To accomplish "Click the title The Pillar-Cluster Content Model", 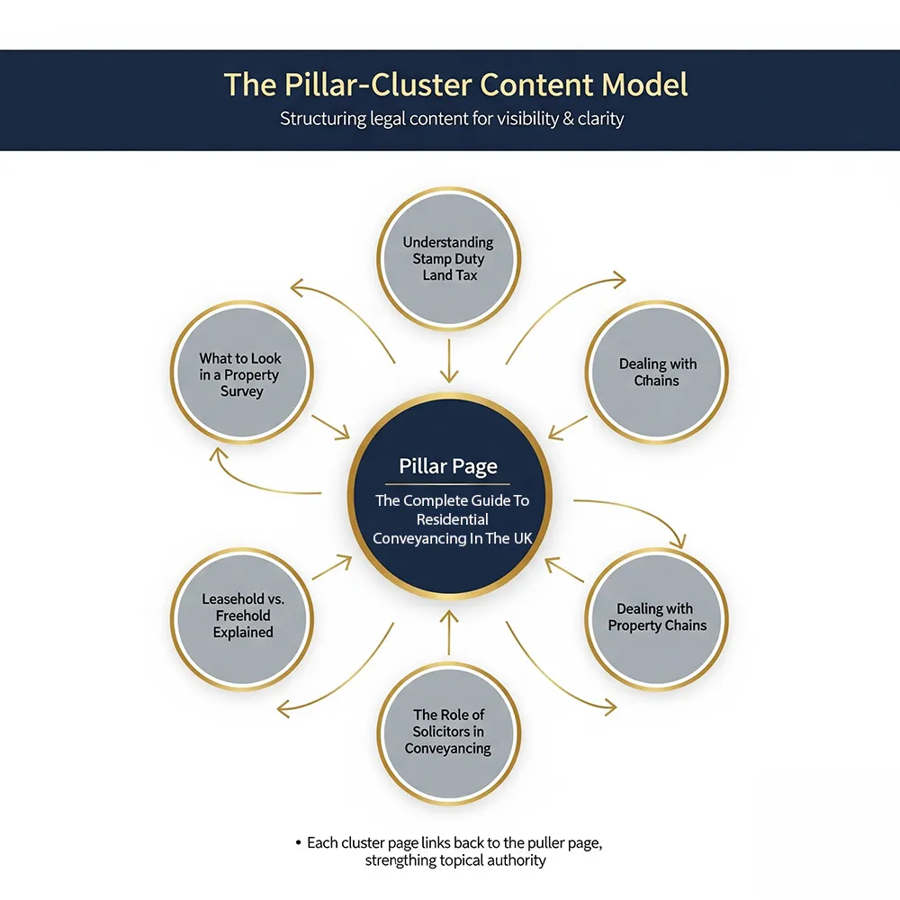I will click(x=455, y=85).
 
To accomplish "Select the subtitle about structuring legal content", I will click(x=451, y=119).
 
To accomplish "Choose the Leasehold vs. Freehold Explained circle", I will click(x=242, y=616).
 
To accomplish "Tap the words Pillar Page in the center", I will click(x=447, y=466).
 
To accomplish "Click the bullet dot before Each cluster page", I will click(x=298, y=843).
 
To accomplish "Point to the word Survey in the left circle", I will click(x=241, y=391).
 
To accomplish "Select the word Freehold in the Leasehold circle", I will click(x=242, y=616).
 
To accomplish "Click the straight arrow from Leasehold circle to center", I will click(x=330, y=567).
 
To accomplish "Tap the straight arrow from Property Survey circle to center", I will click(x=329, y=427).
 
